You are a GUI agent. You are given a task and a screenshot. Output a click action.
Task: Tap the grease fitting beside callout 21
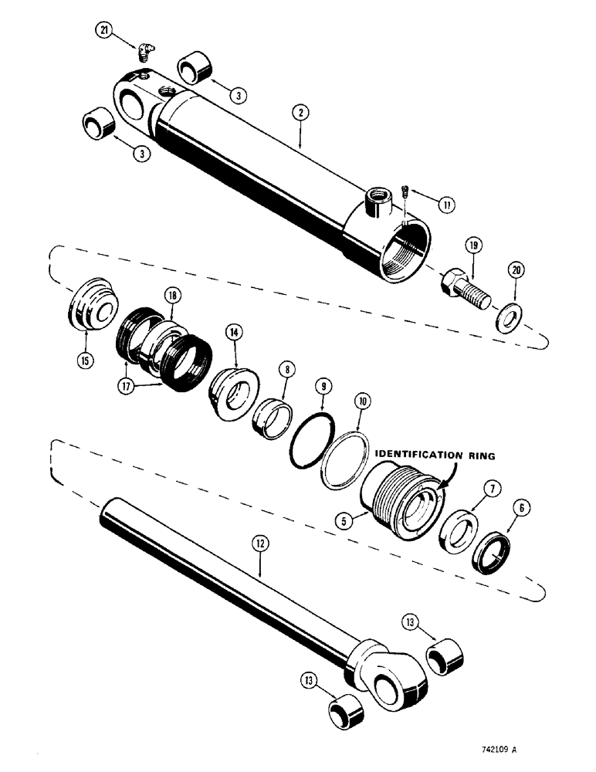(x=142, y=52)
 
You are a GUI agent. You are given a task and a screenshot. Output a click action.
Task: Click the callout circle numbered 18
(x=171, y=295)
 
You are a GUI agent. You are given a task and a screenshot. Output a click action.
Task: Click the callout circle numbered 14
(x=232, y=332)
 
